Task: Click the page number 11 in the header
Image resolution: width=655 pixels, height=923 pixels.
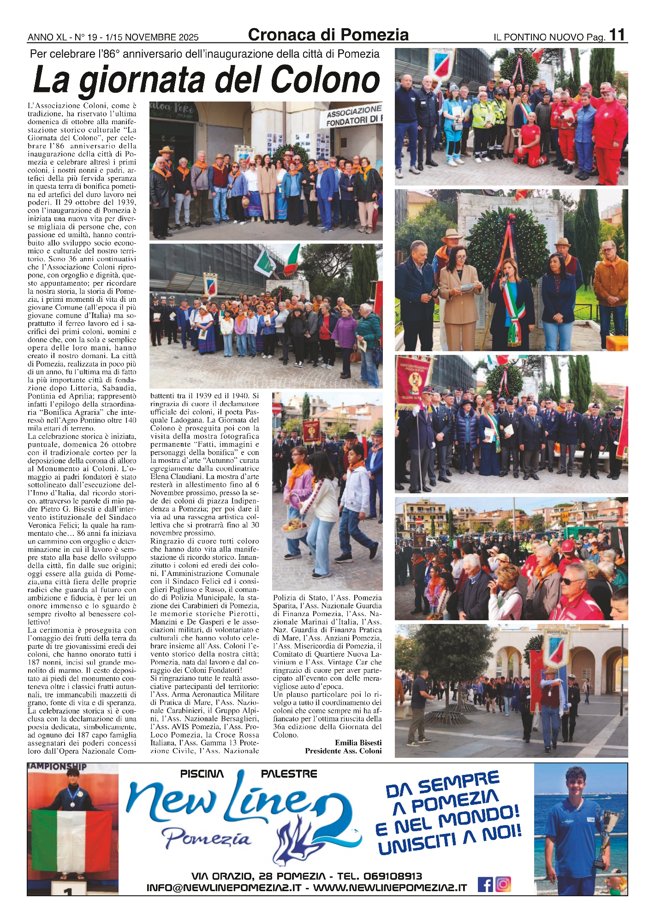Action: click(617, 35)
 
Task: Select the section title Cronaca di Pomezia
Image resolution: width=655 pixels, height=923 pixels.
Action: click(328, 35)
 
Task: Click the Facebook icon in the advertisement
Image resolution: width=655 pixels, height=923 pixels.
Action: click(485, 884)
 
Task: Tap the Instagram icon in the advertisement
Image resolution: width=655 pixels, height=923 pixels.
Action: click(503, 884)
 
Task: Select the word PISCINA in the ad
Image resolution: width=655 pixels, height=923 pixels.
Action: click(202, 774)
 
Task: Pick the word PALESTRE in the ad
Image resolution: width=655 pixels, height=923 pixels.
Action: click(289, 774)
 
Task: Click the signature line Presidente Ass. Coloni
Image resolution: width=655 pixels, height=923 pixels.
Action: click(343, 751)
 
